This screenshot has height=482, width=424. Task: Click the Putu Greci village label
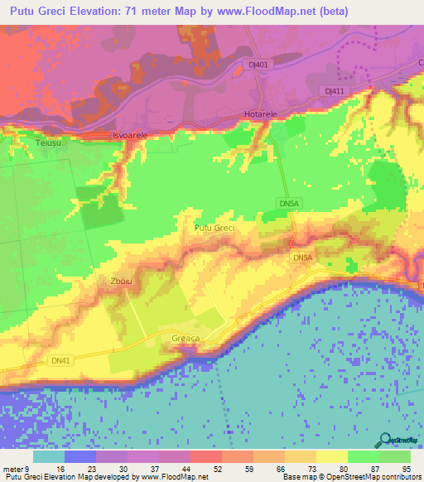pos(214,228)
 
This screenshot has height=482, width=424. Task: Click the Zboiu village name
pos(121,282)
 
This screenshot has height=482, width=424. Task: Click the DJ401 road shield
pos(259,64)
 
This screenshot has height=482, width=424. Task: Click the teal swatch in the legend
pos(49,456)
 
